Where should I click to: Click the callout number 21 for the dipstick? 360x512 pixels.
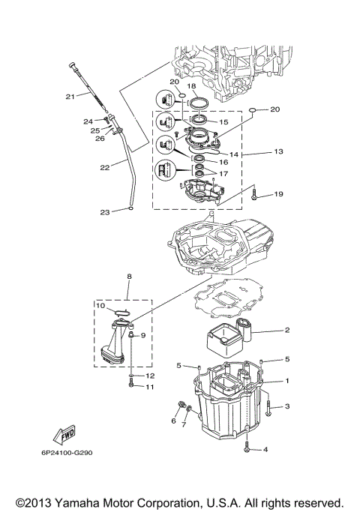pos(70,96)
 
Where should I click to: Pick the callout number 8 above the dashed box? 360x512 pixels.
pos(129,276)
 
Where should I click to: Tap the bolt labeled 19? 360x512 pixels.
pos(255,196)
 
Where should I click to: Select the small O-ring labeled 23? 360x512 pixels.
pos(131,211)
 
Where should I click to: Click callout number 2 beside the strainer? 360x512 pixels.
pos(286,330)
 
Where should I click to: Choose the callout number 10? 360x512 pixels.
pos(99,306)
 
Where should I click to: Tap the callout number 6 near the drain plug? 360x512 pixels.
pos(173,421)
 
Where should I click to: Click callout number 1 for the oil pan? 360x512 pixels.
pos(286,381)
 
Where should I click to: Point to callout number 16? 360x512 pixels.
pos(222,161)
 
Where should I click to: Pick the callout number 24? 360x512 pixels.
pos(88,120)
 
